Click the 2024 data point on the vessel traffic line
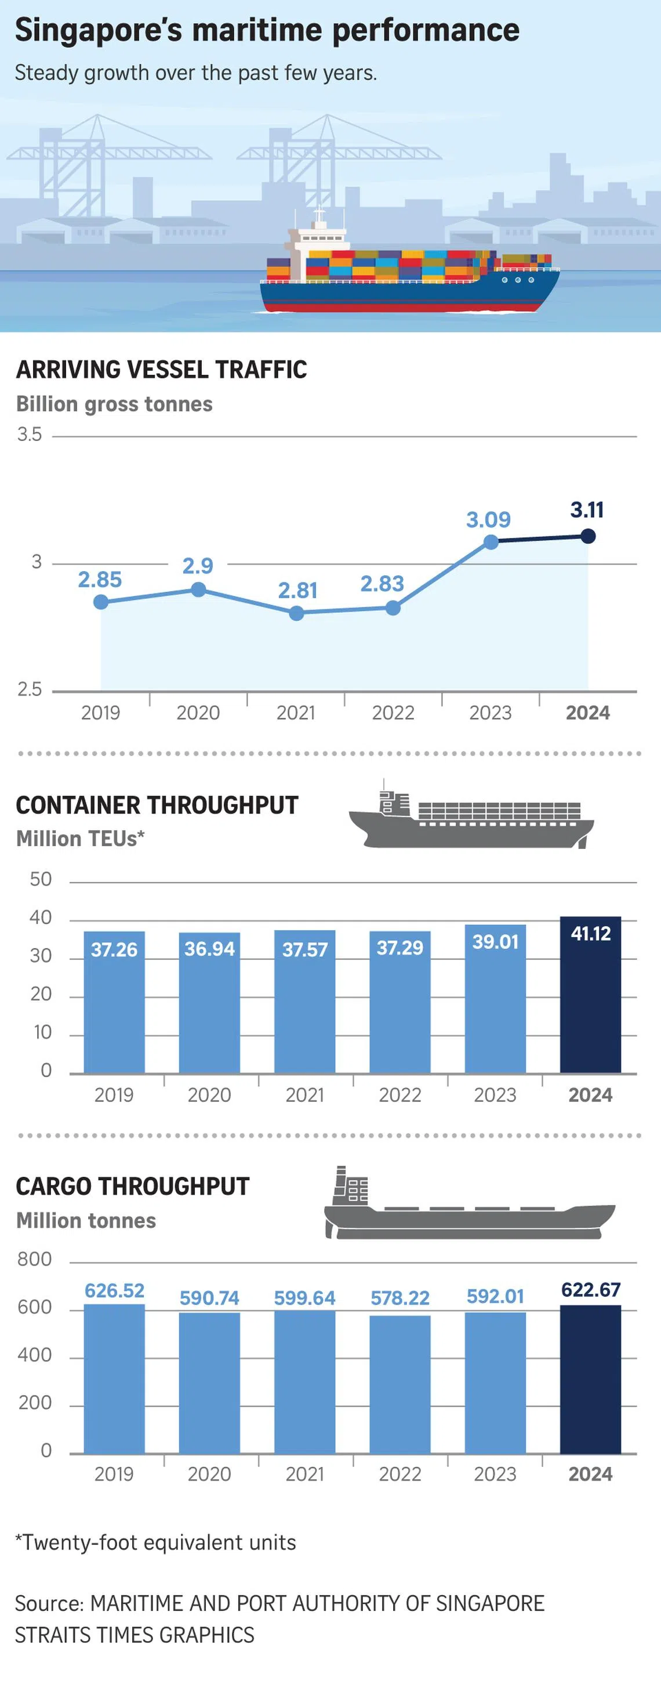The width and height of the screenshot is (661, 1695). pyautogui.click(x=588, y=536)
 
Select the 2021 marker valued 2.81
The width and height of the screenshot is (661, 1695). pyautogui.click(x=297, y=613)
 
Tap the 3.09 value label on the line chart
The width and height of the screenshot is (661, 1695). pyautogui.click(x=488, y=520)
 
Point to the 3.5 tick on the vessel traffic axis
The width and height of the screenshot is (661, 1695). pyautogui.click(x=30, y=435)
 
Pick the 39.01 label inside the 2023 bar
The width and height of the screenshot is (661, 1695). pyautogui.click(x=495, y=942)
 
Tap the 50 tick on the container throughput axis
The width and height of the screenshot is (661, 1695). pyautogui.click(x=41, y=880)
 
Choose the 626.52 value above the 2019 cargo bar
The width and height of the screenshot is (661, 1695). pyautogui.click(x=114, y=1291)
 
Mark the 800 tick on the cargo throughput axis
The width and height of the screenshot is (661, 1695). pyautogui.click(x=35, y=1259)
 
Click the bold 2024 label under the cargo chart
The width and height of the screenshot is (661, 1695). pyautogui.click(x=590, y=1474)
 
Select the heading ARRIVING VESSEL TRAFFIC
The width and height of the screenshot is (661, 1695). pyautogui.click(x=162, y=370)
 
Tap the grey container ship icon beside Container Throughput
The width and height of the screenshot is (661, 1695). pyautogui.click(x=471, y=816)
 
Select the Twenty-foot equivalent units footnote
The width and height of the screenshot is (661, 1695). pyautogui.click(x=156, y=1543)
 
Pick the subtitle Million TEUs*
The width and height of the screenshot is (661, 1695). pyautogui.click(x=80, y=839)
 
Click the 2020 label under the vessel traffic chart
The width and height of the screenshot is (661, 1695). pyautogui.click(x=198, y=713)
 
